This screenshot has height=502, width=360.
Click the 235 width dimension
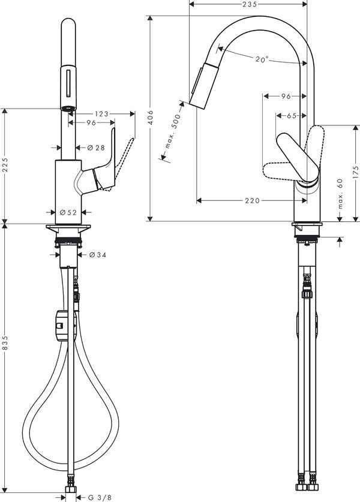pyautogui.click(x=250, y=4)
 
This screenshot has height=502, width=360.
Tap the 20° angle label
pyautogui.click(x=261, y=59)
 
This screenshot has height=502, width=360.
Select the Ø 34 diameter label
pyautogui.click(x=97, y=255)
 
